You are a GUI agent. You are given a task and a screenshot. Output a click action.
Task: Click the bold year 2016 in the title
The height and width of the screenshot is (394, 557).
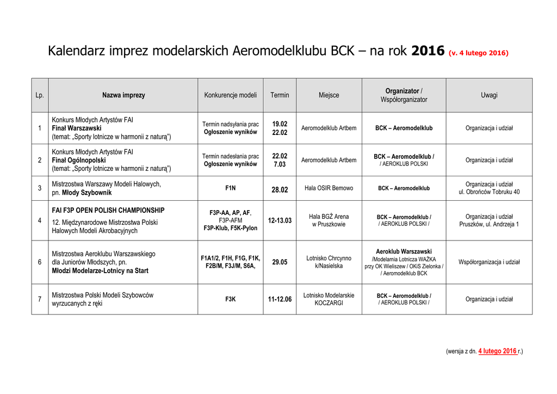coord(428,51)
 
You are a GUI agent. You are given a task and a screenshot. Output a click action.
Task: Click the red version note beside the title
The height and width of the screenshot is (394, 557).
coord(478,53)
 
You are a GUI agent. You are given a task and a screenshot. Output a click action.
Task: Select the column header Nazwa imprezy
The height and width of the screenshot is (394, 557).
coord(123,95)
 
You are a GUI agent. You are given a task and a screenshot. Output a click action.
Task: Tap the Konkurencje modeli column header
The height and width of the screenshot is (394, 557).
coord(230,95)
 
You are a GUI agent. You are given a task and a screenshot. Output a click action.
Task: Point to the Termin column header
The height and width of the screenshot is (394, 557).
coord(280,95)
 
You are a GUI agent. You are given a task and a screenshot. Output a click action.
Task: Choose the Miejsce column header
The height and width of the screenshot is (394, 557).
coord(329,95)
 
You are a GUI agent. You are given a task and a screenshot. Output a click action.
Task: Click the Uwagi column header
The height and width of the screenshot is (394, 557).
coord(488,95)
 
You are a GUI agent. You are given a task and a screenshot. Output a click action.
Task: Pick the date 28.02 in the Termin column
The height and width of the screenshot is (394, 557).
coord(280,189)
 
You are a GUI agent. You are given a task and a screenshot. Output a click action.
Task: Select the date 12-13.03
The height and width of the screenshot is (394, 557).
coord(280,220)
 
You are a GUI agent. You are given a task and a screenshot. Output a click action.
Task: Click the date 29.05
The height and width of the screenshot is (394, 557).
coord(280,262)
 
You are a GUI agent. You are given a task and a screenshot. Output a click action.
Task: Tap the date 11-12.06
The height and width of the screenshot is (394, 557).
coord(280,299)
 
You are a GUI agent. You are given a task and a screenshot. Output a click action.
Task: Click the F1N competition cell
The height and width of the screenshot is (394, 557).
coord(230,188)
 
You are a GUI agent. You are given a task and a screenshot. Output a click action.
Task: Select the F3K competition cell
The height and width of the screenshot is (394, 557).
coord(230,299)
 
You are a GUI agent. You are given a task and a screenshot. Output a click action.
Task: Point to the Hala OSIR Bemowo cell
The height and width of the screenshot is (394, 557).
coord(329,188)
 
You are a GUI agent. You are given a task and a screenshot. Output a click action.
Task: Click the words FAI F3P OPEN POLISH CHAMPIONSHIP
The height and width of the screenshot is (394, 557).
coord(108,210)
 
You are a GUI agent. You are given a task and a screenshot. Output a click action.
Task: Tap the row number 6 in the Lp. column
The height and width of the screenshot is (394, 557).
coord(40,262)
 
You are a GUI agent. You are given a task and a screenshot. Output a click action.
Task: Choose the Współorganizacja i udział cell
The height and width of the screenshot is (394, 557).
coord(488,262)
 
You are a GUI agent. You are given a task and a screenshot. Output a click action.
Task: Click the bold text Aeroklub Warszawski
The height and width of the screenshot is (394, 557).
coord(404,251)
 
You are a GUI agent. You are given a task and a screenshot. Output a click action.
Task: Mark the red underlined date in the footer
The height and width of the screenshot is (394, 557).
coord(497,352)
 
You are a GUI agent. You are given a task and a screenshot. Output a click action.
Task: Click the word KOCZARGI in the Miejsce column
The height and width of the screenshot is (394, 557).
coord(329,303)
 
